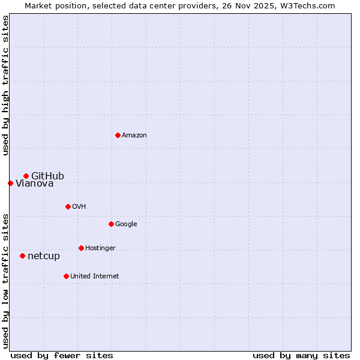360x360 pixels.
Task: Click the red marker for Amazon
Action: (x=118, y=135)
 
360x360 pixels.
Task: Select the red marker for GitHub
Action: (x=26, y=176)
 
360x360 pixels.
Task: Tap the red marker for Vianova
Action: (x=10, y=183)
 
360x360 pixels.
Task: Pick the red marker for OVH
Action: (x=68, y=206)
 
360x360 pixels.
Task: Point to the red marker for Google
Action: (x=111, y=224)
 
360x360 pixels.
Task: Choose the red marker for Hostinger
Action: (x=81, y=248)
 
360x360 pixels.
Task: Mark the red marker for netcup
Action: (x=22, y=256)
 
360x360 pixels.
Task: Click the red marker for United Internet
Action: (x=66, y=276)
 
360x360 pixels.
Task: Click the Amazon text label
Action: (x=134, y=136)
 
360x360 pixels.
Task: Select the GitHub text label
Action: (x=47, y=176)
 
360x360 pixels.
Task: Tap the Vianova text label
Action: (x=34, y=184)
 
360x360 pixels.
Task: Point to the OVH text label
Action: (x=79, y=207)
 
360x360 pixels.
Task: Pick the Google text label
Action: (x=126, y=224)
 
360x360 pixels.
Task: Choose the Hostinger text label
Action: (x=100, y=248)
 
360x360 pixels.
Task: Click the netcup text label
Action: (x=44, y=256)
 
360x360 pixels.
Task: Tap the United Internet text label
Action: (x=94, y=277)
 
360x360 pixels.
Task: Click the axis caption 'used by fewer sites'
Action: (x=62, y=355)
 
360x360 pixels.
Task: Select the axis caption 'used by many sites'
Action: (x=301, y=355)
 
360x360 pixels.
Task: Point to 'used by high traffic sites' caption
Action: (x=5, y=85)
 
